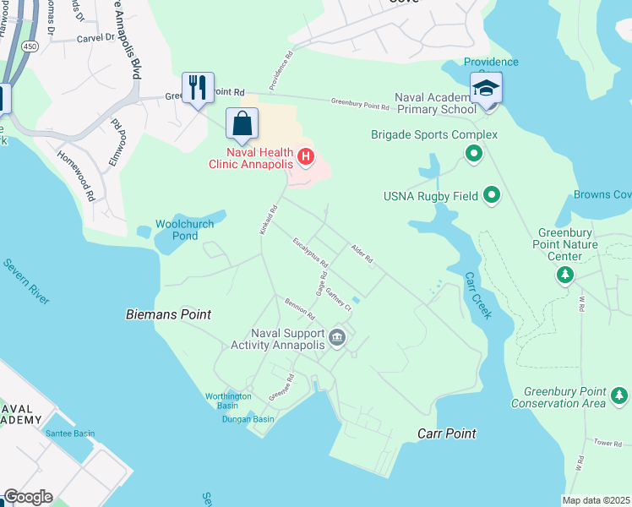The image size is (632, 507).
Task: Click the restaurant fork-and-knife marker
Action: click(x=199, y=88)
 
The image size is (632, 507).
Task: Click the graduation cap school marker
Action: click(x=486, y=89)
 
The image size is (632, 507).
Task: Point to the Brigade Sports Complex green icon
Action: click(x=474, y=153)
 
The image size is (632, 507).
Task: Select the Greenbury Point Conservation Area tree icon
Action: click(x=619, y=395)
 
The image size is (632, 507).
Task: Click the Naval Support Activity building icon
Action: click(x=337, y=339)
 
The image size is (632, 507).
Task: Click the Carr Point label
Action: click(x=447, y=433)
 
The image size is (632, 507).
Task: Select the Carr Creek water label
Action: click(x=477, y=296)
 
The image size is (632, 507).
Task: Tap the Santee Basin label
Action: click(x=70, y=433)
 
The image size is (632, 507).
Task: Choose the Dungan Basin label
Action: click(x=248, y=419)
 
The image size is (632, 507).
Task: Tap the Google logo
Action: click(x=28, y=497)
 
